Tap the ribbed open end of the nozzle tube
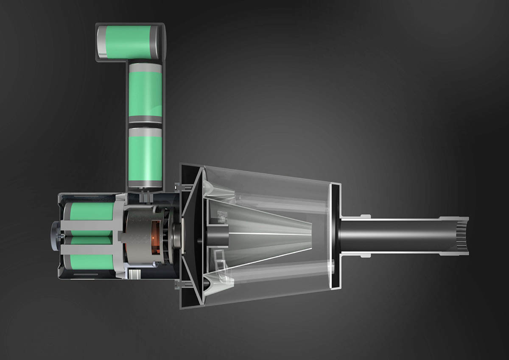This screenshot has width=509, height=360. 462,235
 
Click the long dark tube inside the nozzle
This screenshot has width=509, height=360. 394,235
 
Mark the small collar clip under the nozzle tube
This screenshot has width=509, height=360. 365,255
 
